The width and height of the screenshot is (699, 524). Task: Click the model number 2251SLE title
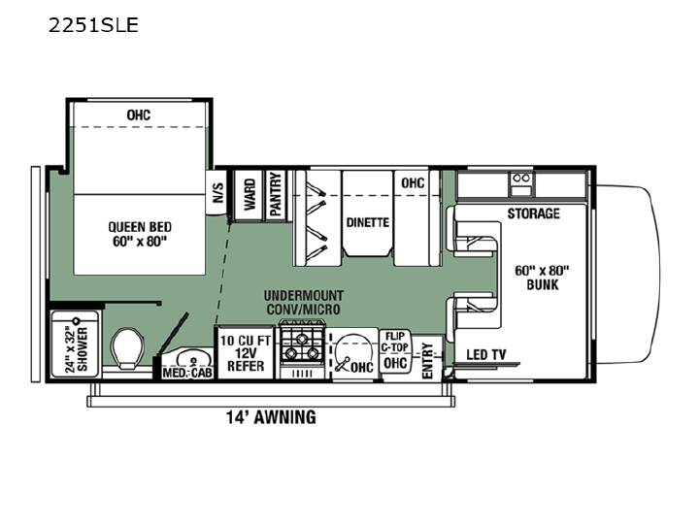coord(93,25)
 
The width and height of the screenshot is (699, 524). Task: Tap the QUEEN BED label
coord(140,227)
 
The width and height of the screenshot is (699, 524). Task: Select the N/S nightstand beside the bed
coord(217,192)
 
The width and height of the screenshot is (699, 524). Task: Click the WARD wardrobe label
coord(250,195)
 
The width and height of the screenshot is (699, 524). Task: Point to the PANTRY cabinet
coord(277,195)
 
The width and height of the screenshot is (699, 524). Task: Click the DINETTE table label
coord(368,222)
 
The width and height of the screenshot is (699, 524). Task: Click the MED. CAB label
coord(187,373)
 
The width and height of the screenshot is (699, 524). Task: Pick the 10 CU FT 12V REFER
coord(246,353)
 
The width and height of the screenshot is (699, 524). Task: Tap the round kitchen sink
coord(352,350)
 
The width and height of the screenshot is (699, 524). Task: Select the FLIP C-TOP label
coord(395,342)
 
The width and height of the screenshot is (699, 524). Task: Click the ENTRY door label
coord(427,361)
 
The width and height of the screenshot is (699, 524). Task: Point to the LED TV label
coord(486,355)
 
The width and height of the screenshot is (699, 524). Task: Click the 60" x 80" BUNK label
coord(542,278)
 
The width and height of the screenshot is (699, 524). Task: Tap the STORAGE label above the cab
coord(533,213)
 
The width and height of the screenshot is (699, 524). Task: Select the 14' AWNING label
coord(271,417)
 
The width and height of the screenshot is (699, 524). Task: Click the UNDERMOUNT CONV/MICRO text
coord(304,302)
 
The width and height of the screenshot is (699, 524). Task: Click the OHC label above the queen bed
coord(139,115)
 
